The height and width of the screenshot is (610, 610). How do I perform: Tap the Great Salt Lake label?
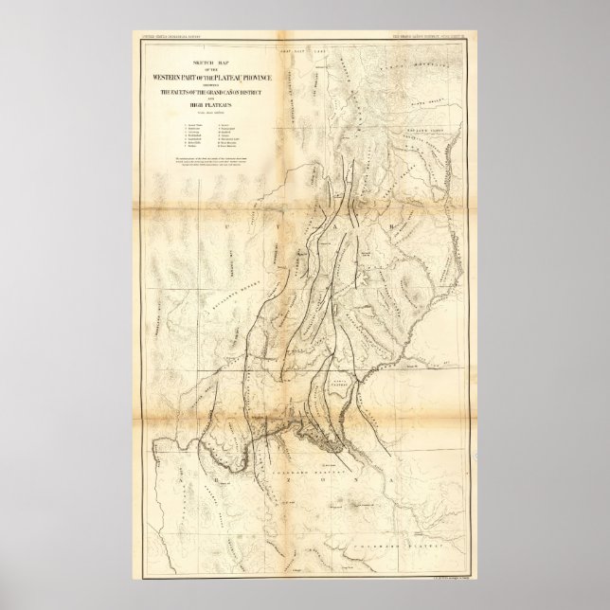(297, 46)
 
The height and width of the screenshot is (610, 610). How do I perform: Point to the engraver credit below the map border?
(442, 574)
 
